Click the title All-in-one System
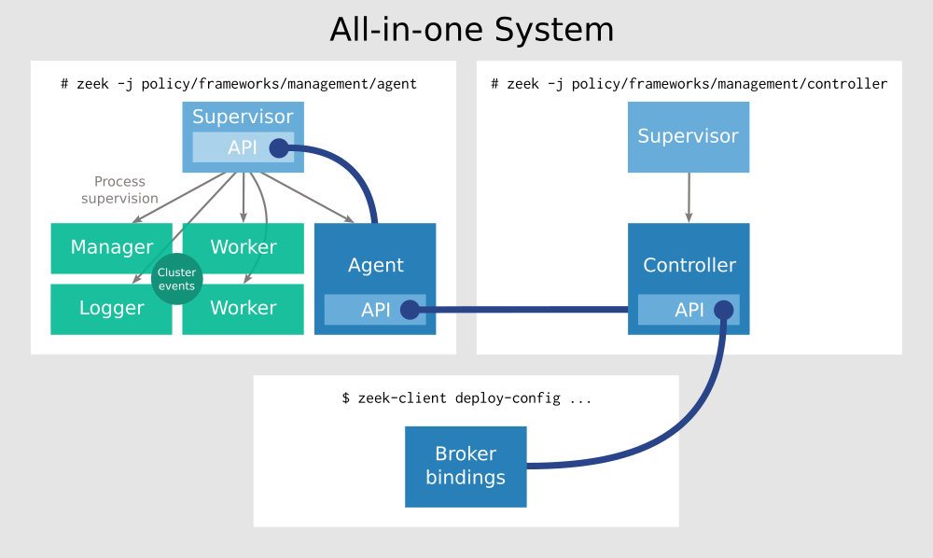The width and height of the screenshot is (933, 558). (471, 30)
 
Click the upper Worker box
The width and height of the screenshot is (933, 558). (244, 247)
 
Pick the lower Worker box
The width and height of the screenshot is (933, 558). (244, 309)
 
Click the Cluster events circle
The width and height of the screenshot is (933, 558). (176, 279)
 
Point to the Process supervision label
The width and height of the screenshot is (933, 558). (120, 190)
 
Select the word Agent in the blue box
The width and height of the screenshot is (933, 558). (376, 265)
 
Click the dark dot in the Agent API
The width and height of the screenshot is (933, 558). (409, 310)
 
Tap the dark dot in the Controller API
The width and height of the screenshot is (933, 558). (723, 310)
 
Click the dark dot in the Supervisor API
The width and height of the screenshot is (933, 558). (278, 147)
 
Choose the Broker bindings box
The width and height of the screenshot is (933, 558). (466, 467)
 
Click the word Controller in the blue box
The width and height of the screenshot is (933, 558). (689, 265)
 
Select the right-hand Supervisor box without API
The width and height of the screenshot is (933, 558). (689, 137)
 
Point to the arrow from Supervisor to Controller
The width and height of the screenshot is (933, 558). (689, 197)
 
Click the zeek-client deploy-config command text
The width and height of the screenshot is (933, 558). (466, 398)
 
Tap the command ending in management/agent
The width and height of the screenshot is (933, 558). (239, 84)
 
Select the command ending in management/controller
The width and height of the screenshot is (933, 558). (689, 84)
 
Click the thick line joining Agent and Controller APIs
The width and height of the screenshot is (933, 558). (527, 310)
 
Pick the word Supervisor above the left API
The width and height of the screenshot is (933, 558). (243, 118)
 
